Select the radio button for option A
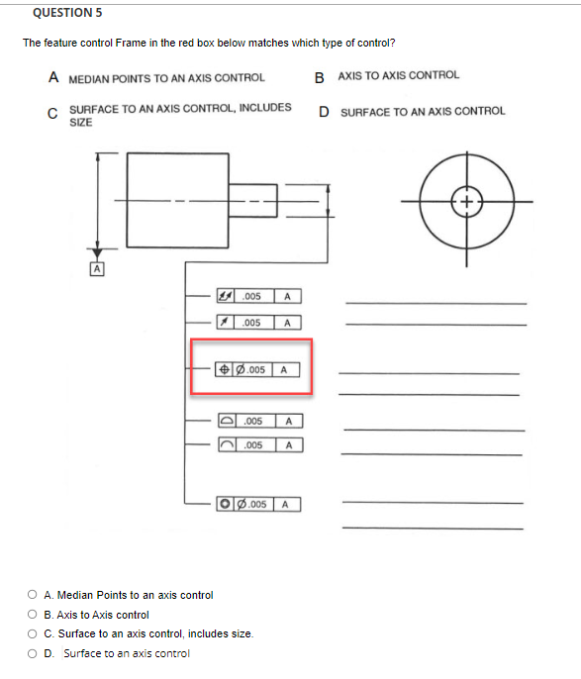point(34,595)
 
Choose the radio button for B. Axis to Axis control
point(34,615)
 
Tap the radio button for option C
point(34,633)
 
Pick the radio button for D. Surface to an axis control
point(34,653)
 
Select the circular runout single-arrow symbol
point(227,323)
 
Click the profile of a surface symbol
point(227,422)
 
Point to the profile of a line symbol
point(227,445)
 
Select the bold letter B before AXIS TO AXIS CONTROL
point(319,77)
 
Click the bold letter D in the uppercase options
point(324,112)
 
